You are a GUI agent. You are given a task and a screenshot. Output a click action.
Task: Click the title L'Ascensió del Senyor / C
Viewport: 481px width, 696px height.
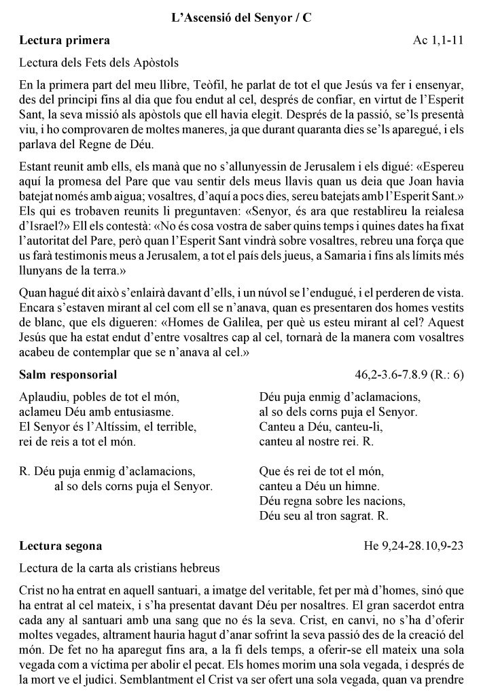click(241, 19)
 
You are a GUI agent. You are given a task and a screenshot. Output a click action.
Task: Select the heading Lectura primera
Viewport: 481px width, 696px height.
click(65, 40)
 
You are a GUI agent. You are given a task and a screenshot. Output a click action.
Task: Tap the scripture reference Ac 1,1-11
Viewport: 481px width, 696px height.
click(438, 40)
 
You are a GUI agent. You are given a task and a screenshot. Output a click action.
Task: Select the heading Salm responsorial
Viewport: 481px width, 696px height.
click(68, 375)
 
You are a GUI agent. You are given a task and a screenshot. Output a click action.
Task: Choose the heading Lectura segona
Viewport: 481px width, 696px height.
click(61, 546)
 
